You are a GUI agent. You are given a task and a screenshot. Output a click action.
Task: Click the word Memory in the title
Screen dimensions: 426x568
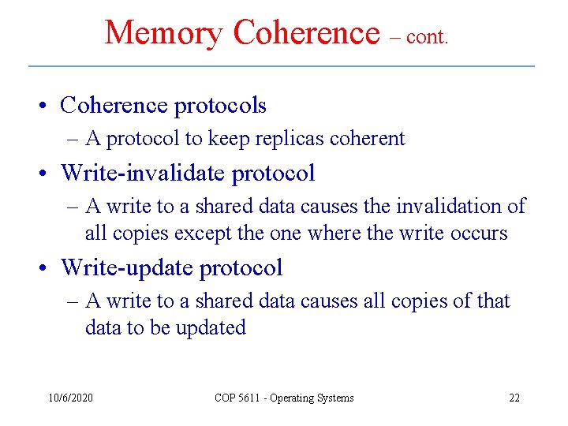point(164,33)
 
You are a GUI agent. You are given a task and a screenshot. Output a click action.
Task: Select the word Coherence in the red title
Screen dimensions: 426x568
point(307,33)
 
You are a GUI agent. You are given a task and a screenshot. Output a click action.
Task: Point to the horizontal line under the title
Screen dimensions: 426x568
point(282,65)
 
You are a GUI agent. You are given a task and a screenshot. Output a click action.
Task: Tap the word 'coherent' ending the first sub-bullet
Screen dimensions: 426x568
point(368,139)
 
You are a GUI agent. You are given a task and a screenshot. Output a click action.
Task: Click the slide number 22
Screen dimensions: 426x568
point(514,398)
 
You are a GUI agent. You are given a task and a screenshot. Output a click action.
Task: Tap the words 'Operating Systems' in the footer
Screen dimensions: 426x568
point(312,398)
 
